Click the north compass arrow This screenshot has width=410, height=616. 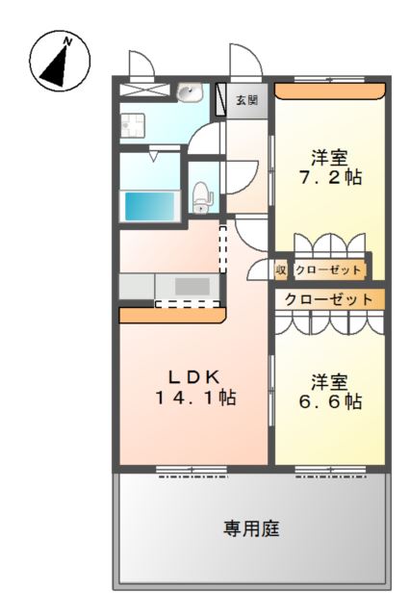(x=60, y=61)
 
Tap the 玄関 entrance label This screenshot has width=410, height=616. (x=246, y=100)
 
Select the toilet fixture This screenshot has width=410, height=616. (x=201, y=196)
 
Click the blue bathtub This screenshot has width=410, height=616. (x=150, y=206)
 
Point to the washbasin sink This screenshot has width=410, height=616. (x=190, y=93)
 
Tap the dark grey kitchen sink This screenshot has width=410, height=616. (x=192, y=286)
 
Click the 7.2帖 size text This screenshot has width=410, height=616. (x=329, y=178)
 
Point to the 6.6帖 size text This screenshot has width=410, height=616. (x=329, y=401)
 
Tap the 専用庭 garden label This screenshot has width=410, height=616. (x=252, y=528)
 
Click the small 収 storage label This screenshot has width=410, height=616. (x=282, y=270)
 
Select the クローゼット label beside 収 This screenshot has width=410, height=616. (x=328, y=270)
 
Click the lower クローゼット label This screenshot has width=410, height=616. (x=329, y=299)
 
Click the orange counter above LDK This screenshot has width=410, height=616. (x=171, y=315)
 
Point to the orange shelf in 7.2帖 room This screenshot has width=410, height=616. (x=330, y=90)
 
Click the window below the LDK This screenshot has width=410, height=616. (x=192, y=471)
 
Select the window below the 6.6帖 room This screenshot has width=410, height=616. (x=330, y=471)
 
